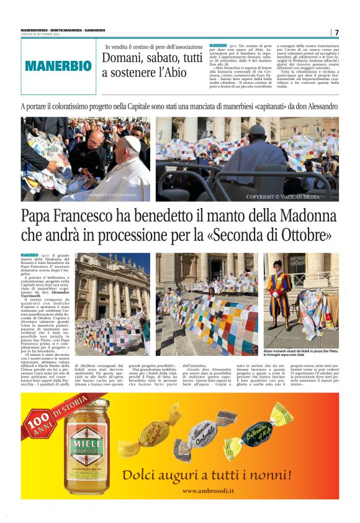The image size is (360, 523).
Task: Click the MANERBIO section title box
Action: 58,66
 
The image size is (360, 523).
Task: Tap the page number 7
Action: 336,32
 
